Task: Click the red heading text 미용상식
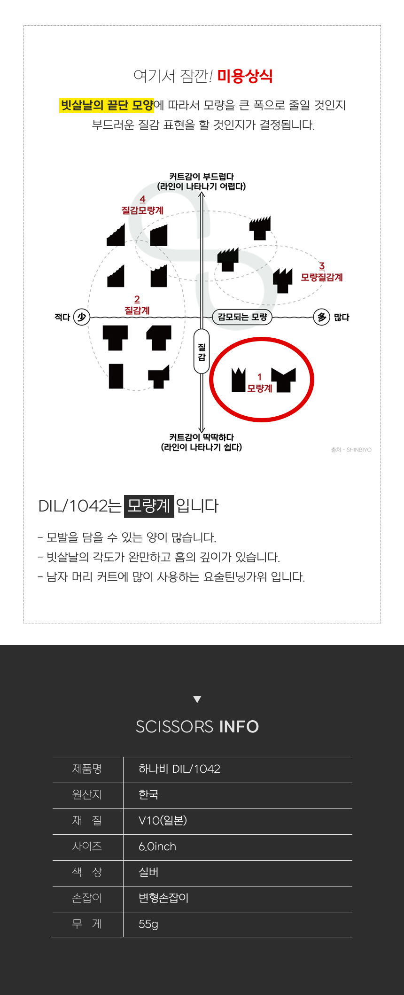[245, 76]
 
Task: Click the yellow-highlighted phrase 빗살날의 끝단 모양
[107, 105]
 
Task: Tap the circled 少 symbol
[82, 317]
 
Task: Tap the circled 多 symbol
[322, 317]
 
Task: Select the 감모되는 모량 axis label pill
[242, 317]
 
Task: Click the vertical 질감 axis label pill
[202, 351]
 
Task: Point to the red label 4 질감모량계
[142, 205]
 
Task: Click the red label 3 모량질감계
[322, 272]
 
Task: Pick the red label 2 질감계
[137, 305]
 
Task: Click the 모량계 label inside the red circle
[260, 389]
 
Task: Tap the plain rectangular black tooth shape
[116, 376]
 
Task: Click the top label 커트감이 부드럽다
[202, 177]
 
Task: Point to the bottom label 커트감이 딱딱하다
[202, 437]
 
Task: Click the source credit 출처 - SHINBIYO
[351, 450]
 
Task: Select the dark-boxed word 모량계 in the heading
[149, 506]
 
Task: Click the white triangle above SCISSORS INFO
[197, 699]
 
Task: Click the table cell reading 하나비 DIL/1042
[179, 769]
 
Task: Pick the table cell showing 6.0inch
[157, 847]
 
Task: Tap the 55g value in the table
[148, 925]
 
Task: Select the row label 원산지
[87, 794]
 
